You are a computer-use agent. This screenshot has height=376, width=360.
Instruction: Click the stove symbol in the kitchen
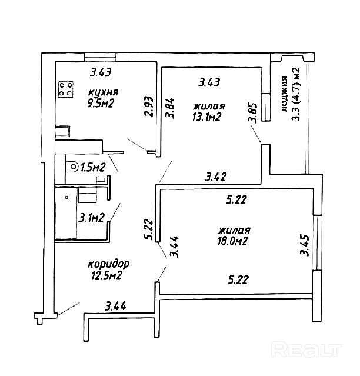(66, 89)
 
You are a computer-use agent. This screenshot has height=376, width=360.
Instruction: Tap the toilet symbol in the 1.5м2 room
(72, 167)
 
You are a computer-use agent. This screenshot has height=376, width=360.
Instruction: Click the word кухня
(104, 92)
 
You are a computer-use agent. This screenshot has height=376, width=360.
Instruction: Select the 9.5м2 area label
(100, 104)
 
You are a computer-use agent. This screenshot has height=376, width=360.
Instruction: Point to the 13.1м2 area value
(206, 117)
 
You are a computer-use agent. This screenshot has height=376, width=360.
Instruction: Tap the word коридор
(109, 265)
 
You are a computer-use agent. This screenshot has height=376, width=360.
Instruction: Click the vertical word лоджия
(284, 94)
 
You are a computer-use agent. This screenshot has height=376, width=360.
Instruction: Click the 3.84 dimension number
(170, 108)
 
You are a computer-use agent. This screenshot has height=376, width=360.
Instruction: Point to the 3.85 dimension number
(253, 113)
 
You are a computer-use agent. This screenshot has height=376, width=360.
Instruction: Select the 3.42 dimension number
(215, 177)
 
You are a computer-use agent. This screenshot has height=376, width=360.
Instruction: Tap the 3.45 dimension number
(305, 245)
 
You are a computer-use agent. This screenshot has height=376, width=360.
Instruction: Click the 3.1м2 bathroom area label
(92, 218)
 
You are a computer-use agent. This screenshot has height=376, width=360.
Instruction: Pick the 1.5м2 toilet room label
(93, 167)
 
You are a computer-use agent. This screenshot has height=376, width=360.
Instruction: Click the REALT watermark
(306, 350)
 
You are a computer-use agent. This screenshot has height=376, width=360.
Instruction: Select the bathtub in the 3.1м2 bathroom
(66, 213)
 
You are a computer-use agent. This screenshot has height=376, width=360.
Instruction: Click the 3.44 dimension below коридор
(115, 306)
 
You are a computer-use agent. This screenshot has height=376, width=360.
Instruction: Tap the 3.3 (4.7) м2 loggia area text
(295, 94)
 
